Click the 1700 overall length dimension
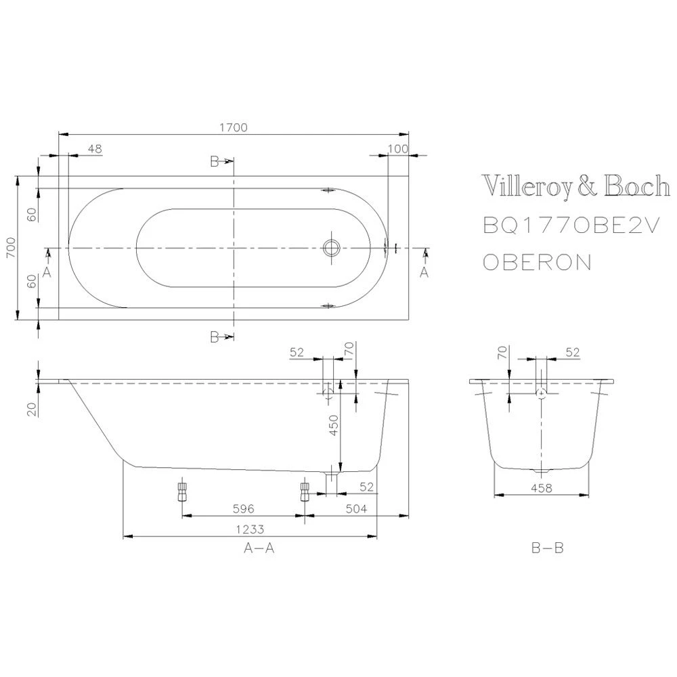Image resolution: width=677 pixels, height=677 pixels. (235, 127)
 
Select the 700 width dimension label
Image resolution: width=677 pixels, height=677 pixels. (9, 247)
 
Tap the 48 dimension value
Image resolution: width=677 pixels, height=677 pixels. (95, 148)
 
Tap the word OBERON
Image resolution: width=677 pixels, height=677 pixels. (536, 262)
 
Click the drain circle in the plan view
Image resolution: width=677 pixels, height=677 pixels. (332, 248)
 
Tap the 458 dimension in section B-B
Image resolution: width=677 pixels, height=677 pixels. (540, 487)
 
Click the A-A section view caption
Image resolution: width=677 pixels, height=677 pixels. (259, 549)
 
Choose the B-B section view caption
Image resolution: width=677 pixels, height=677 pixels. (547, 549)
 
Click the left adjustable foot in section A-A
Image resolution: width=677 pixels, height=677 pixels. (181, 492)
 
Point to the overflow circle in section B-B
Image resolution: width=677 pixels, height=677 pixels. (540, 393)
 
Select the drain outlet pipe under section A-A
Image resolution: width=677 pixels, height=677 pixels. (330, 482)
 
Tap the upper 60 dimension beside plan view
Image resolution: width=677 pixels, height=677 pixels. (31, 214)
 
